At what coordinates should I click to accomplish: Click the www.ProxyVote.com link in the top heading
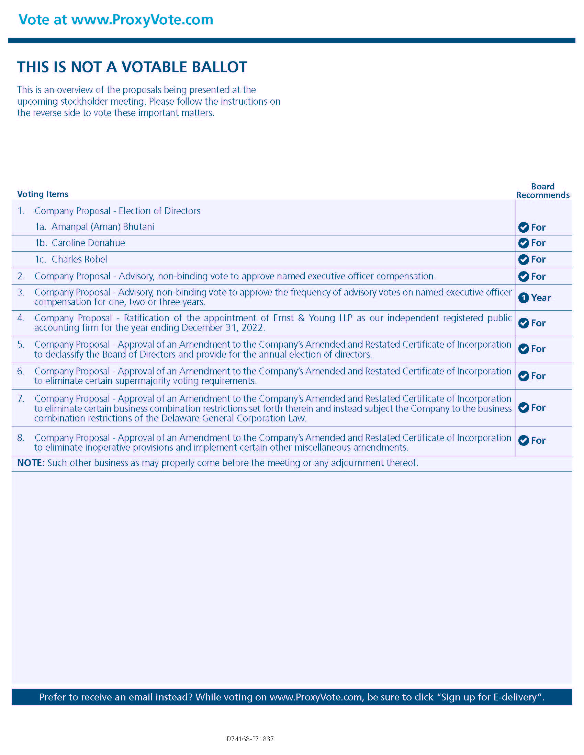click(x=142, y=20)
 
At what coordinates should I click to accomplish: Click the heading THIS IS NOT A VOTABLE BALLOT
click(x=132, y=67)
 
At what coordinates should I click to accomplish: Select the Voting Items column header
click(x=43, y=194)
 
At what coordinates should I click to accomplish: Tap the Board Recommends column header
click(x=542, y=191)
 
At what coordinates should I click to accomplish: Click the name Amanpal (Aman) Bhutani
click(x=103, y=227)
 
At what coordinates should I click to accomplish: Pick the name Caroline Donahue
click(x=88, y=243)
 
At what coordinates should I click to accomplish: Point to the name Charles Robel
click(x=79, y=259)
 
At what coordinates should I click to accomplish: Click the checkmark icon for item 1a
click(x=524, y=227)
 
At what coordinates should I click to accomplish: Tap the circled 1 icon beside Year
click(x=524, y=298)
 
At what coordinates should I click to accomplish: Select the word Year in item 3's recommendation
click(x=541, y=298)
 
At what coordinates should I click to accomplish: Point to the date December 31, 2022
click(x=223, y=328)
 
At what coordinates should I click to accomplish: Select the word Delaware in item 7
click(x=180, y=418)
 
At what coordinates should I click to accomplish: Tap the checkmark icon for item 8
click(x=524, y=440)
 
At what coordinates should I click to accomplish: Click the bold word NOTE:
click(x=31, y=463)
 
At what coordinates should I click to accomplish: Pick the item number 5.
click(x=21, y=344)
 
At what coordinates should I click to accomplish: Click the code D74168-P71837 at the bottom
click(x=250, y=739)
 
